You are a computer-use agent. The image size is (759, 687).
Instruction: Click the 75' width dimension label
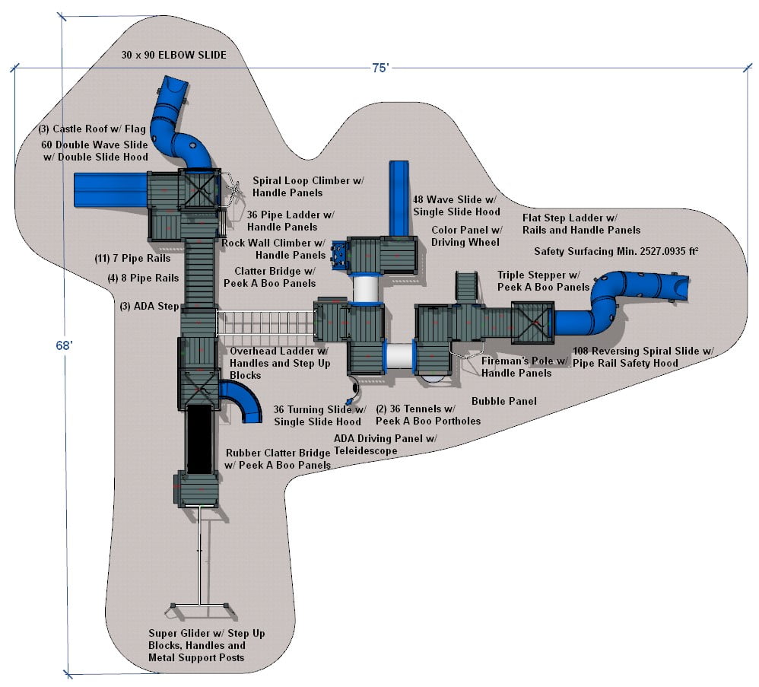coord(380,68)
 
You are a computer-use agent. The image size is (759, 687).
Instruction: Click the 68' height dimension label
coord(63,345)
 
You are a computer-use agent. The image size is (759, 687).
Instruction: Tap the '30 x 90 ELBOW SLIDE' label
coord(173,56)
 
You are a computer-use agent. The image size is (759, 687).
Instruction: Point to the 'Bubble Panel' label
coord(503,401)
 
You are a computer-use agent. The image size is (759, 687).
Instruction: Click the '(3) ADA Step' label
coord(149,307)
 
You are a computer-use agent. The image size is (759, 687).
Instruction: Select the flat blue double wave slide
coord(110,190)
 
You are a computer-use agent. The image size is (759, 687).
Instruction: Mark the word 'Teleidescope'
coord(366,451)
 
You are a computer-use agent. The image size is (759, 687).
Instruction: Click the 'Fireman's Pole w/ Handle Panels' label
coord(524,367)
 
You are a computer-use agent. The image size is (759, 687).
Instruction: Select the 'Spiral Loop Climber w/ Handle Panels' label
coord(308,187)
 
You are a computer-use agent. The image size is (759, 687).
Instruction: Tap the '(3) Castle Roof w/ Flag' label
coord(93,129)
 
